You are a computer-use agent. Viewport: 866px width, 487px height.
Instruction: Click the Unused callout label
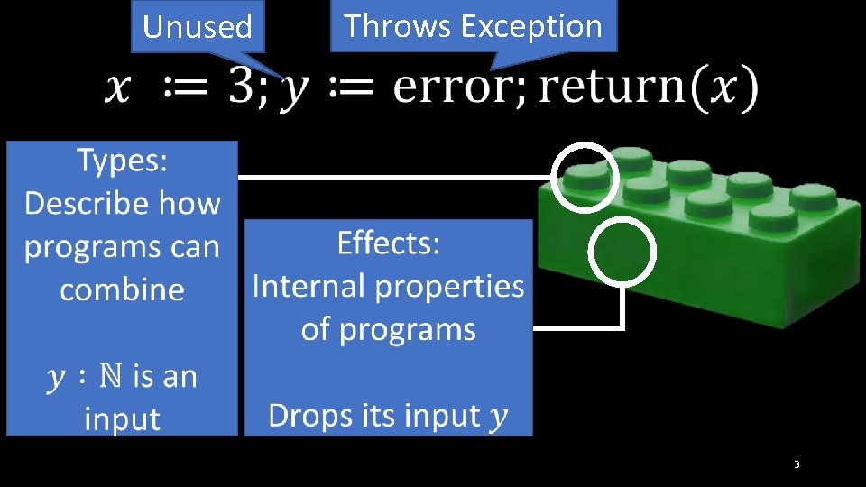198,27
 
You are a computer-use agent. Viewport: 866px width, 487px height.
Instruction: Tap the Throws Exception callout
473,25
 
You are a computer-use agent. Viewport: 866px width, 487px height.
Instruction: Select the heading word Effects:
388,243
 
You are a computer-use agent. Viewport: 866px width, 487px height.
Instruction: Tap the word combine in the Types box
122,289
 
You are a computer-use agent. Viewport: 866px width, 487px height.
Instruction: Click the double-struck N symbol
110,376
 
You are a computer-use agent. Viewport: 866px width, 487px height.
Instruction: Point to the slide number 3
797,464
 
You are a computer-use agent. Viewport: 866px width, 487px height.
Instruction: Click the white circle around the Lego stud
585,177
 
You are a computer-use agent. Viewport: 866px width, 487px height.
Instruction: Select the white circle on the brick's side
622,253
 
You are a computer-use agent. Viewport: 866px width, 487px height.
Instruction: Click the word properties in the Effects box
433,286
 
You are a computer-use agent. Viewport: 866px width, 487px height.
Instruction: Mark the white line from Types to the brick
397,178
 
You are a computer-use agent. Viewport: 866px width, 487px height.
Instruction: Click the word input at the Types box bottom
122,418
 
